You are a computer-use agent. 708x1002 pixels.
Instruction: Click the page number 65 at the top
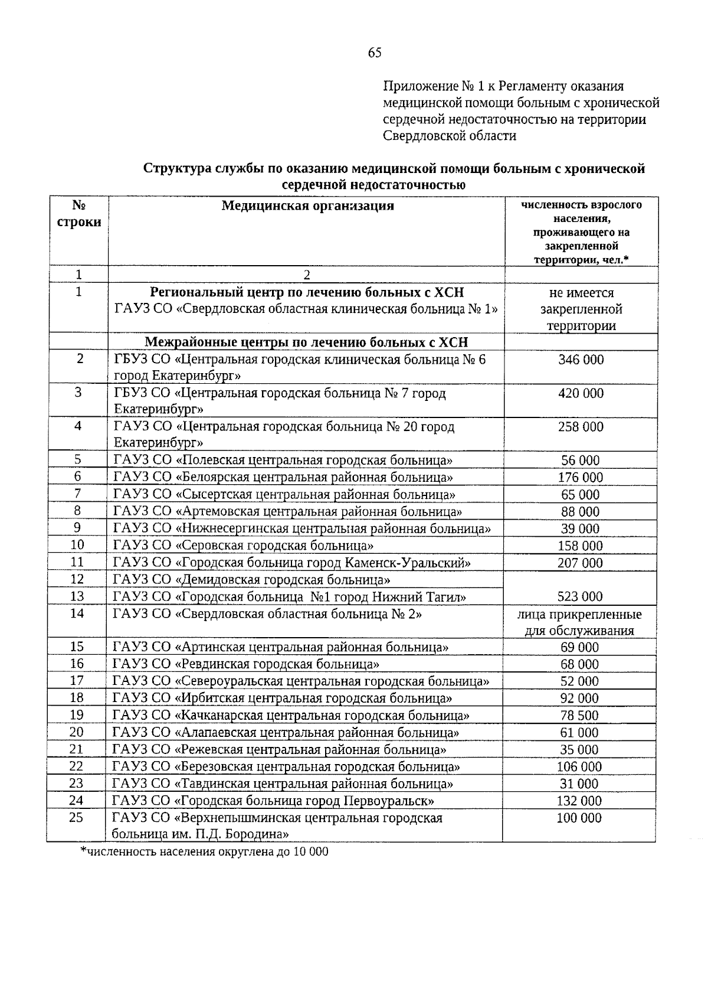click(375, 53)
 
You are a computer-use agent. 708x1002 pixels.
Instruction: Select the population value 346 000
click(581, 360)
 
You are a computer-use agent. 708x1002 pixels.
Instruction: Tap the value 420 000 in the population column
click(581, 393)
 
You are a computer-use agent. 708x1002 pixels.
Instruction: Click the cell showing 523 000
click(581, 596)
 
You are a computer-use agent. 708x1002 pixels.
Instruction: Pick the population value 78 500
click(579, 716)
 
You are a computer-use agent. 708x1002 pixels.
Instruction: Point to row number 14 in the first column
click(77, 613)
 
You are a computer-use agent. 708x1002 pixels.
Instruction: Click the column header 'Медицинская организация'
click(307, 205)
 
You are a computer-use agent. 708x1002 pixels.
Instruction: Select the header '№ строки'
click(78, 214)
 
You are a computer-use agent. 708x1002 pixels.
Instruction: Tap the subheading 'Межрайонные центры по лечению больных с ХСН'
click(306, 342)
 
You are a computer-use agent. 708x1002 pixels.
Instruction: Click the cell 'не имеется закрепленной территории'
click(581, 309)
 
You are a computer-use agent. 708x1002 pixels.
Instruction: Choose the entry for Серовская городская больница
click(243, 546)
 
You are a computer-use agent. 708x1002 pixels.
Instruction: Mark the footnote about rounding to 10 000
click(204, 852)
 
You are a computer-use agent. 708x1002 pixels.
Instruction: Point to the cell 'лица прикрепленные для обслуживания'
click(579, 622)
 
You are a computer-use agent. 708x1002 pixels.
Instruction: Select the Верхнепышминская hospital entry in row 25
click(277, 825)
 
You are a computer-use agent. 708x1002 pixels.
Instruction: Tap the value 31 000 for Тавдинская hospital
click(579, 784)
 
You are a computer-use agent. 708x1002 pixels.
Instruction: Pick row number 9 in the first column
click(77, 528)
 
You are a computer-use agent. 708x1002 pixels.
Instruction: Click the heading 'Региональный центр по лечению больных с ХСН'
click(307, 292)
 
